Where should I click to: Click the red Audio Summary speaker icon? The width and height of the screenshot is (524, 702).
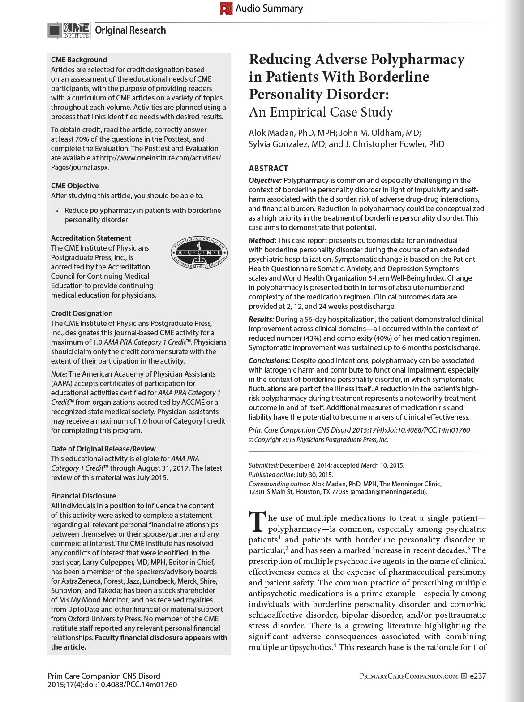(226, 8)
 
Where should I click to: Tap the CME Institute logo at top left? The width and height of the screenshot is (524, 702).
(69, 30)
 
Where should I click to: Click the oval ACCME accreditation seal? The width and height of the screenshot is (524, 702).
(199, 253)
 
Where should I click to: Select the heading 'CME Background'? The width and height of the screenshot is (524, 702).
(79, 60)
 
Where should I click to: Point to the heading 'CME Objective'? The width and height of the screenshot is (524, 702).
(75, 186)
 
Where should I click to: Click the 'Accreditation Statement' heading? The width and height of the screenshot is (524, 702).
(91, 238)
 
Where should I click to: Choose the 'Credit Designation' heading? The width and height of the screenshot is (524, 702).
(82, 313)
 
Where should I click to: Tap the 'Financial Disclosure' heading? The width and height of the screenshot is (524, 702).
(83, 496)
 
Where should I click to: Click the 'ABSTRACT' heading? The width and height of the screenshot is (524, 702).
(268, 169)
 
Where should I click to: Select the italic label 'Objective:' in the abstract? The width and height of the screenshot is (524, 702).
(265, 180)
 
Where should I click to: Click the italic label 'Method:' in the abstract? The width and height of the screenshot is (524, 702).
(262, 240)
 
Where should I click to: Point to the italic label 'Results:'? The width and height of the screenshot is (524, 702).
(262, 319)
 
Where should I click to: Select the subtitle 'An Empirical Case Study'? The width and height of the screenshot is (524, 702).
(321, 112)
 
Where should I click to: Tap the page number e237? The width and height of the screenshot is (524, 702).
(477, 676)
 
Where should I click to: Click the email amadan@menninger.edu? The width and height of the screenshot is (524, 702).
(388, 492)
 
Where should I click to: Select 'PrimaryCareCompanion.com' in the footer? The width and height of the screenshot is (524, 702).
(408, 676)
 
